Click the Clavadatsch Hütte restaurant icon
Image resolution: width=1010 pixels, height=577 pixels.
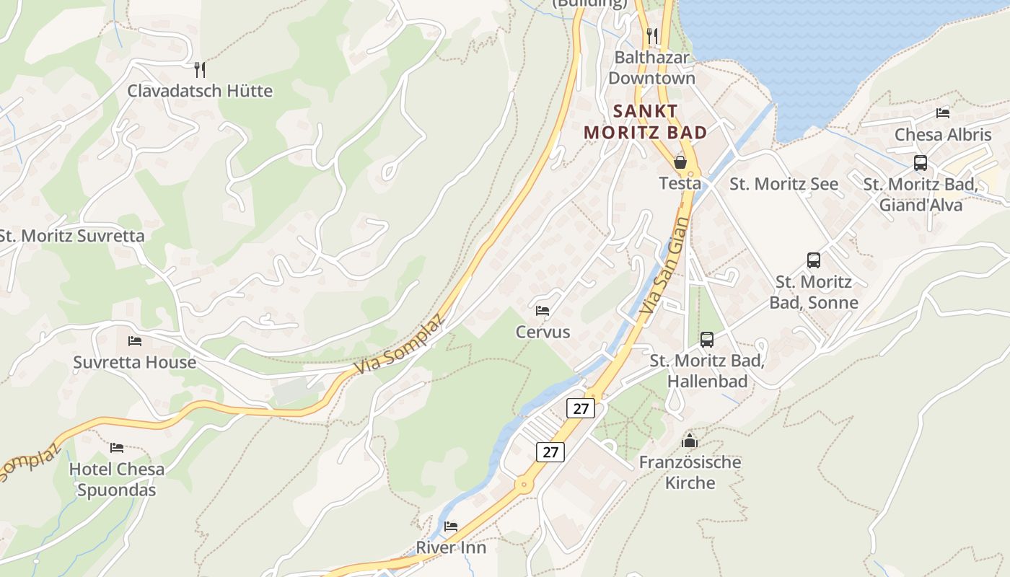pos(201,69)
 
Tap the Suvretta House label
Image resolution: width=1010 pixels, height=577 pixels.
pos(134,362)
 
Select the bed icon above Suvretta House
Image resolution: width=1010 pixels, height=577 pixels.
pos(135,340)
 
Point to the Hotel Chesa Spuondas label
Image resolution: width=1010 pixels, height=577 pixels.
pos(117,480)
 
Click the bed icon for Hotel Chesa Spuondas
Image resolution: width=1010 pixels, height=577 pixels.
pos(117,448)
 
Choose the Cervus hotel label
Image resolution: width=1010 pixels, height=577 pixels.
pos(543,332)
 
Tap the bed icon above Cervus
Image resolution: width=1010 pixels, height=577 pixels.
pos(543,311)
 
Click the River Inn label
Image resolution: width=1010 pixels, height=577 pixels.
pos(451,547)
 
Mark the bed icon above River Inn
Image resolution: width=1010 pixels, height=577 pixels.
pos(451,526)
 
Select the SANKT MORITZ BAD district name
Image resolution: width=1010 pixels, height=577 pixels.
pos(645,122)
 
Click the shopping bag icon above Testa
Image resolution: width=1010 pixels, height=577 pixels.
pos(680,162)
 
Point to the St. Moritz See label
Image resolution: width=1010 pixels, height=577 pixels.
pos(783,184)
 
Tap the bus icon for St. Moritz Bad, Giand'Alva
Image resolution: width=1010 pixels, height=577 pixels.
pos(921,163)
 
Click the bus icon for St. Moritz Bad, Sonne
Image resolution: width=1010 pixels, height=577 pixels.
pos(814,260)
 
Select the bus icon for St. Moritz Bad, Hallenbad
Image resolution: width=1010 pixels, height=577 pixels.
pos(707,339)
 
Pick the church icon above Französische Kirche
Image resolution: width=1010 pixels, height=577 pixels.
pos(690,440)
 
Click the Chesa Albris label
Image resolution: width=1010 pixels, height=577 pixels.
pos(943,135)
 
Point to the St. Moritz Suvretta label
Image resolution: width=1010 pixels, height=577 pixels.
pos(71,236)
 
